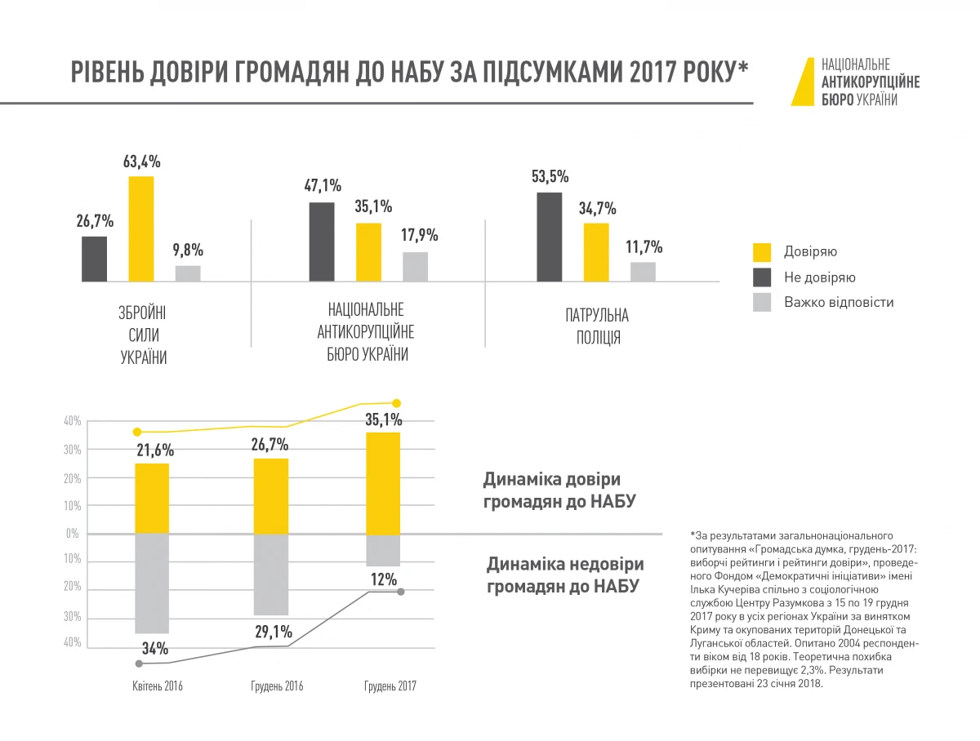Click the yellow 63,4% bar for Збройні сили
141,229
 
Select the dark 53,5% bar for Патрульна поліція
549,237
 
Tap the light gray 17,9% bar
416,267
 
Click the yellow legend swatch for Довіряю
762,252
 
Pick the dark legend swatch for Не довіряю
762,277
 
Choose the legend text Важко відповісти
839,302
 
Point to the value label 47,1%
323,186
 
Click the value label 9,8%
187,250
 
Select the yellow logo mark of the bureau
803,82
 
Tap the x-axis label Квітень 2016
158,686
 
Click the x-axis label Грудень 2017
390,686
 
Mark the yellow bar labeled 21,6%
152,498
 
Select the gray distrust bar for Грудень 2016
271,575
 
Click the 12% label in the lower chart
384,579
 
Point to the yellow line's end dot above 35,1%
397,403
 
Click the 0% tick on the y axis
71,534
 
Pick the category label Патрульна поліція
597,326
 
